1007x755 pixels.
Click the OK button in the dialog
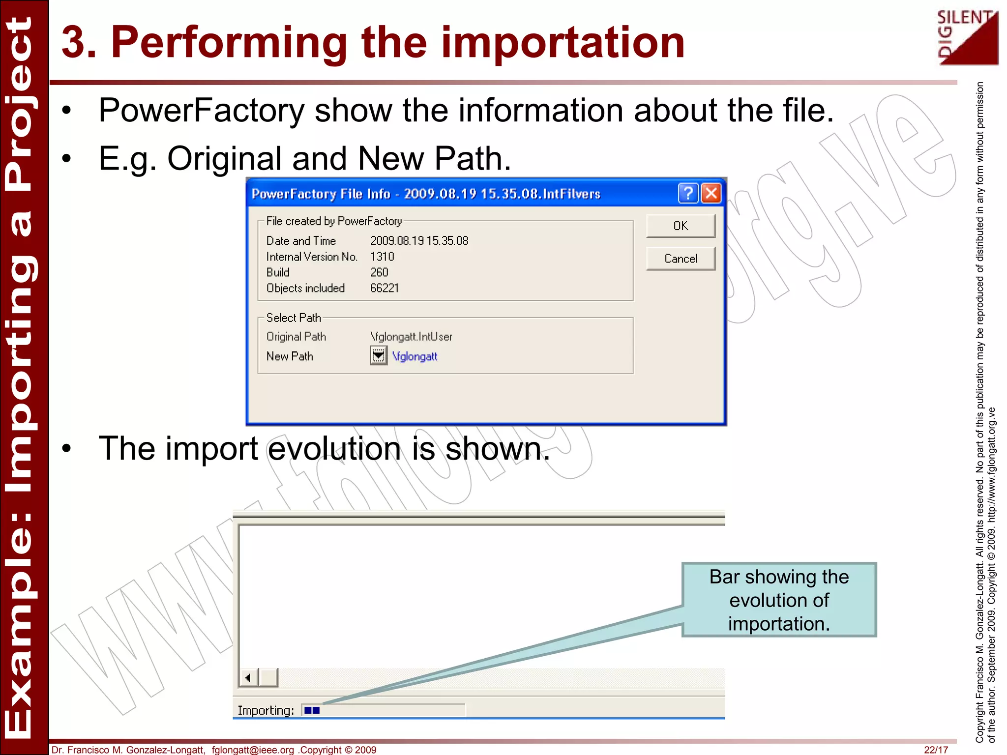point(681,226)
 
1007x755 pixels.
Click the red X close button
point(711,193)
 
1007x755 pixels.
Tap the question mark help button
point(688,193)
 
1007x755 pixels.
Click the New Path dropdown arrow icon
point(378,355)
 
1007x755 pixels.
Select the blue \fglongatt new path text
point(415,356)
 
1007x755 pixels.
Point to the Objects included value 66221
point(385,288)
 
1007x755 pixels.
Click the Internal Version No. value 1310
point(382,257)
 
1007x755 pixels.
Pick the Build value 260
point(379,272)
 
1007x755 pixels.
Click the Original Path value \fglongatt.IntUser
point(411,337)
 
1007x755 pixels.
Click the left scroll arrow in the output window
point(248,678)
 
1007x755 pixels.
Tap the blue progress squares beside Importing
point(312,710)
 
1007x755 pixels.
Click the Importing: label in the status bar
point(266,710)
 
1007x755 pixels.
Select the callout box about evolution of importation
point(779,600)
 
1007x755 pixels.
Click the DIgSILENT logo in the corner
point(967,37)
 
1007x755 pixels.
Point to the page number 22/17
point(936,750)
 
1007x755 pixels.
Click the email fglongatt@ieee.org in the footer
point(253,750)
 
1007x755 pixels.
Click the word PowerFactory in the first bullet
point(202,110)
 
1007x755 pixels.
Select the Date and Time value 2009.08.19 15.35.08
point(419,241)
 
